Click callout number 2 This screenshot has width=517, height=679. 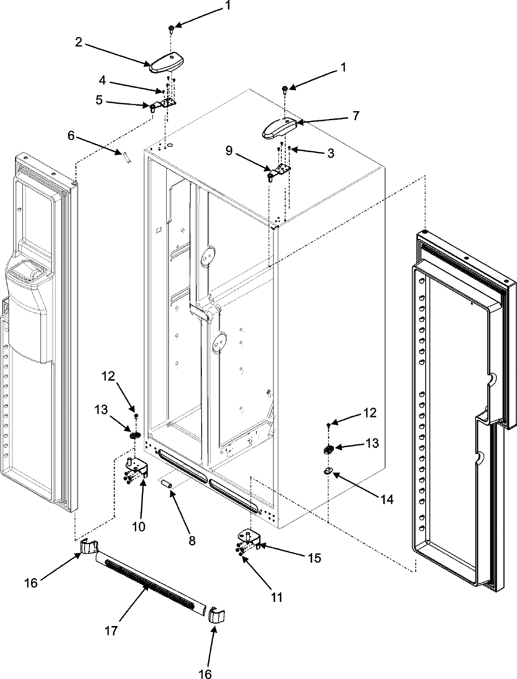click(x=78, y=42)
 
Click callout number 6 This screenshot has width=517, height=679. click(x=71, y=136)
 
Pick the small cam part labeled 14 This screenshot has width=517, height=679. click(x=328, y=471)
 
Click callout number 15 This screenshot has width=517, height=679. click(x=315, y=558)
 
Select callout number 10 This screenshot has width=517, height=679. click(x=139, y=526)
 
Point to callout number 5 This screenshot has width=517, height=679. click(x=99, y=100)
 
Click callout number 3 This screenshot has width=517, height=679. click(x=330, y=153)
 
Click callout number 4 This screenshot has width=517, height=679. click(x=102, y=80)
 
